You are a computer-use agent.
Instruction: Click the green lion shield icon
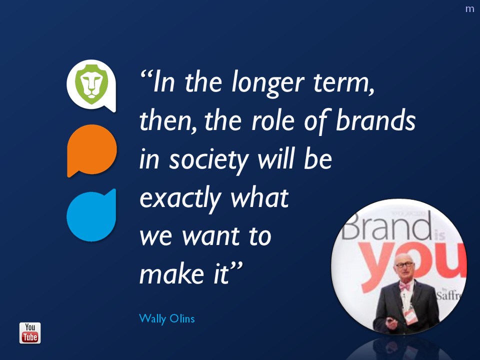(x=91, y=84)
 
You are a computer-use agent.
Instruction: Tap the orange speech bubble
(x=92, y=150)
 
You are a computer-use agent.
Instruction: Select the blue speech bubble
(x=91, y=215)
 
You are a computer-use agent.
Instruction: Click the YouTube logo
(x=30, y=333)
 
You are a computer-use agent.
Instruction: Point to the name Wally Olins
(x=167, y=318)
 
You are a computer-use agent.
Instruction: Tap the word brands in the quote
(x=375, y=120)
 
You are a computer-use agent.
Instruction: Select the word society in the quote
(x=209, y=160)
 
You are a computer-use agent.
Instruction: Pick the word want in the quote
(x=211, y=236)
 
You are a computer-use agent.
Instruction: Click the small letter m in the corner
(x=469, y=9)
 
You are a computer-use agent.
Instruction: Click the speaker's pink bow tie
(x=404, y=286)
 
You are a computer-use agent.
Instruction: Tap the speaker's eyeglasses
(x=404, y=265)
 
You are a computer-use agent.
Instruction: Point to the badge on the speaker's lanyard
(x=410, y=315)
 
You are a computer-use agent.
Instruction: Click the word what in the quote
(x=259, y=198)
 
